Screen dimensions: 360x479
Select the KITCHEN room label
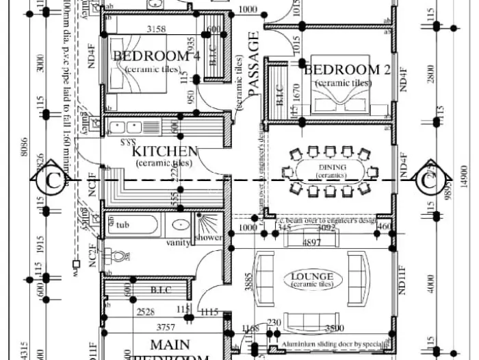[165, 151]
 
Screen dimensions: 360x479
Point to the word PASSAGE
[254, 66]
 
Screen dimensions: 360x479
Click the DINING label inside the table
[332, 167]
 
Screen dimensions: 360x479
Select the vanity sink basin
[181, 225]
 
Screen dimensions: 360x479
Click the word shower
[209, 237]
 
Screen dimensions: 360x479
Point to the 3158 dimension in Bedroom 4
[157, 29]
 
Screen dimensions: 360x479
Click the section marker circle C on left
[52, 181]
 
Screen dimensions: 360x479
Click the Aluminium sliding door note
[333, 345]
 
